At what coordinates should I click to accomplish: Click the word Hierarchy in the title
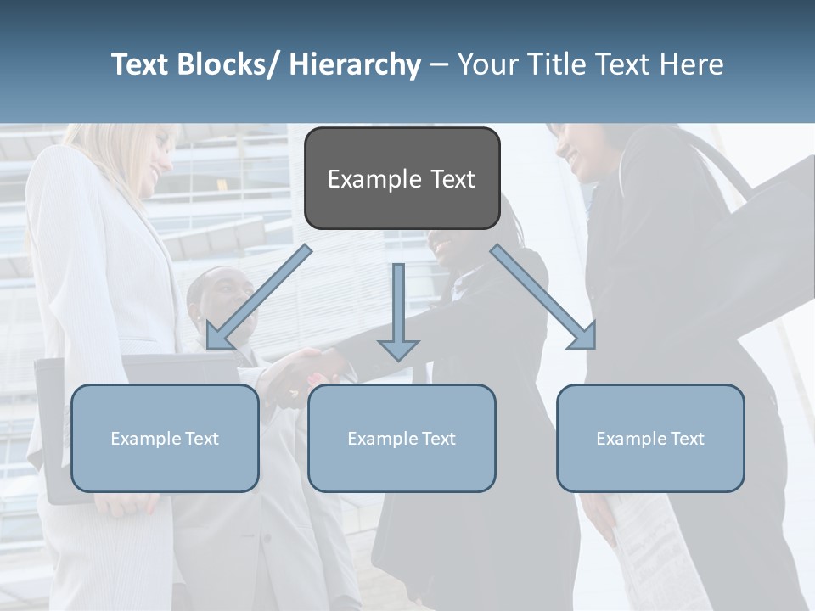point(355,64)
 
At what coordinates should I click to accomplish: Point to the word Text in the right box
point(685,439)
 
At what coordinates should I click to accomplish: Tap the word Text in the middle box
point(436,439)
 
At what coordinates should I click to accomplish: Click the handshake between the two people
point(306,369)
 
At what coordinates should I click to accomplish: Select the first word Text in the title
point(140,64)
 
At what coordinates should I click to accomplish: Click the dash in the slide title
point(440,65)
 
